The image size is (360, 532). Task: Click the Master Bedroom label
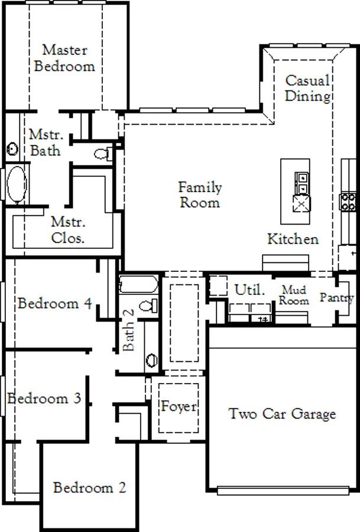[64, 58]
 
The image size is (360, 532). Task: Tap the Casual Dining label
[307, 88]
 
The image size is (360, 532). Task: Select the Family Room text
[200, 194]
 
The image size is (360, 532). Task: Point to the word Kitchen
[293, 239]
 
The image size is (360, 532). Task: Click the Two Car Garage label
[283, 414]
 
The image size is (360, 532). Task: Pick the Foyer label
[179, 407]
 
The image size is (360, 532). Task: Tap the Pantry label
[337, 297]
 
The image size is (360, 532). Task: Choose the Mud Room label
[294, 295]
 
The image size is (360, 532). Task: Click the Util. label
[249, 290]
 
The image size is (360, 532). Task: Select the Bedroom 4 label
[54, 303]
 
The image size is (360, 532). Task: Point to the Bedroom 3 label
[44, 398]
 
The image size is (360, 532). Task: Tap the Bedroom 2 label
[90, 488]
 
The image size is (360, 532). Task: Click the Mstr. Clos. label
[68, 230]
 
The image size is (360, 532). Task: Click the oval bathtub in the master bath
[17, 184]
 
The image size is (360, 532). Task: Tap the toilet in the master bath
[103, 154]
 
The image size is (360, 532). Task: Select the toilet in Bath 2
[149, 306]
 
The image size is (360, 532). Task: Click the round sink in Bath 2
[151, 359]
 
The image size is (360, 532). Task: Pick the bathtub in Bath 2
[139, 284]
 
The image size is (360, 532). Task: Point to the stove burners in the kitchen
[348, 202]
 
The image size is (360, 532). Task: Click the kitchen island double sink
[301, 183]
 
